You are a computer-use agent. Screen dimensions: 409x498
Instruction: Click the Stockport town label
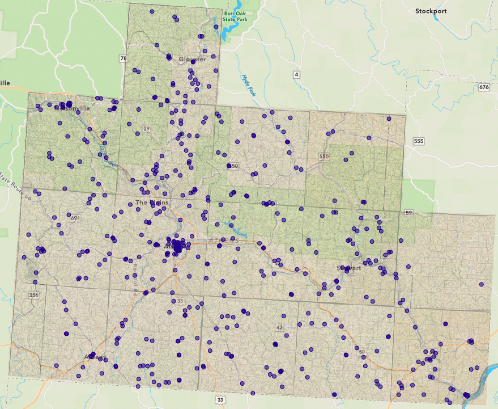pos(431,11)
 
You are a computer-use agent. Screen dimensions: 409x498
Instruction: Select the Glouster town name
pos(192,59)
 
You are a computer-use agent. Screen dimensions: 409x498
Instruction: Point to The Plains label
pos(148,203)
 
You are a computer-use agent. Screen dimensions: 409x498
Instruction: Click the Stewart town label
pos(348,268)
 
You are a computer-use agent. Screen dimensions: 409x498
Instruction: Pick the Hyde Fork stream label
pos(250,85)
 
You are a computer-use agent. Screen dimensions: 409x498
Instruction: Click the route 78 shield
pos(123,58)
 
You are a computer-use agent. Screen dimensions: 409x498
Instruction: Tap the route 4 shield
pos(296,75)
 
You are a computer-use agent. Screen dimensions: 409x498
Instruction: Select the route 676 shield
pos(483,87)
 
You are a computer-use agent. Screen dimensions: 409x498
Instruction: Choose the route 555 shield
pos(419,141)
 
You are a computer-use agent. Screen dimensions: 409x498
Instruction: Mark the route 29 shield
pos(146,129)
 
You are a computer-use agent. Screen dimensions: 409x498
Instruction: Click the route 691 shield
pos(75,218)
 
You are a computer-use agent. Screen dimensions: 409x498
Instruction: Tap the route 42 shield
pos(279,327)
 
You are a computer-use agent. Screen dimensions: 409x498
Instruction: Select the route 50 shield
pos(361,352)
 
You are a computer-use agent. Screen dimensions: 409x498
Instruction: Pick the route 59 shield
pos(409,213)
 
